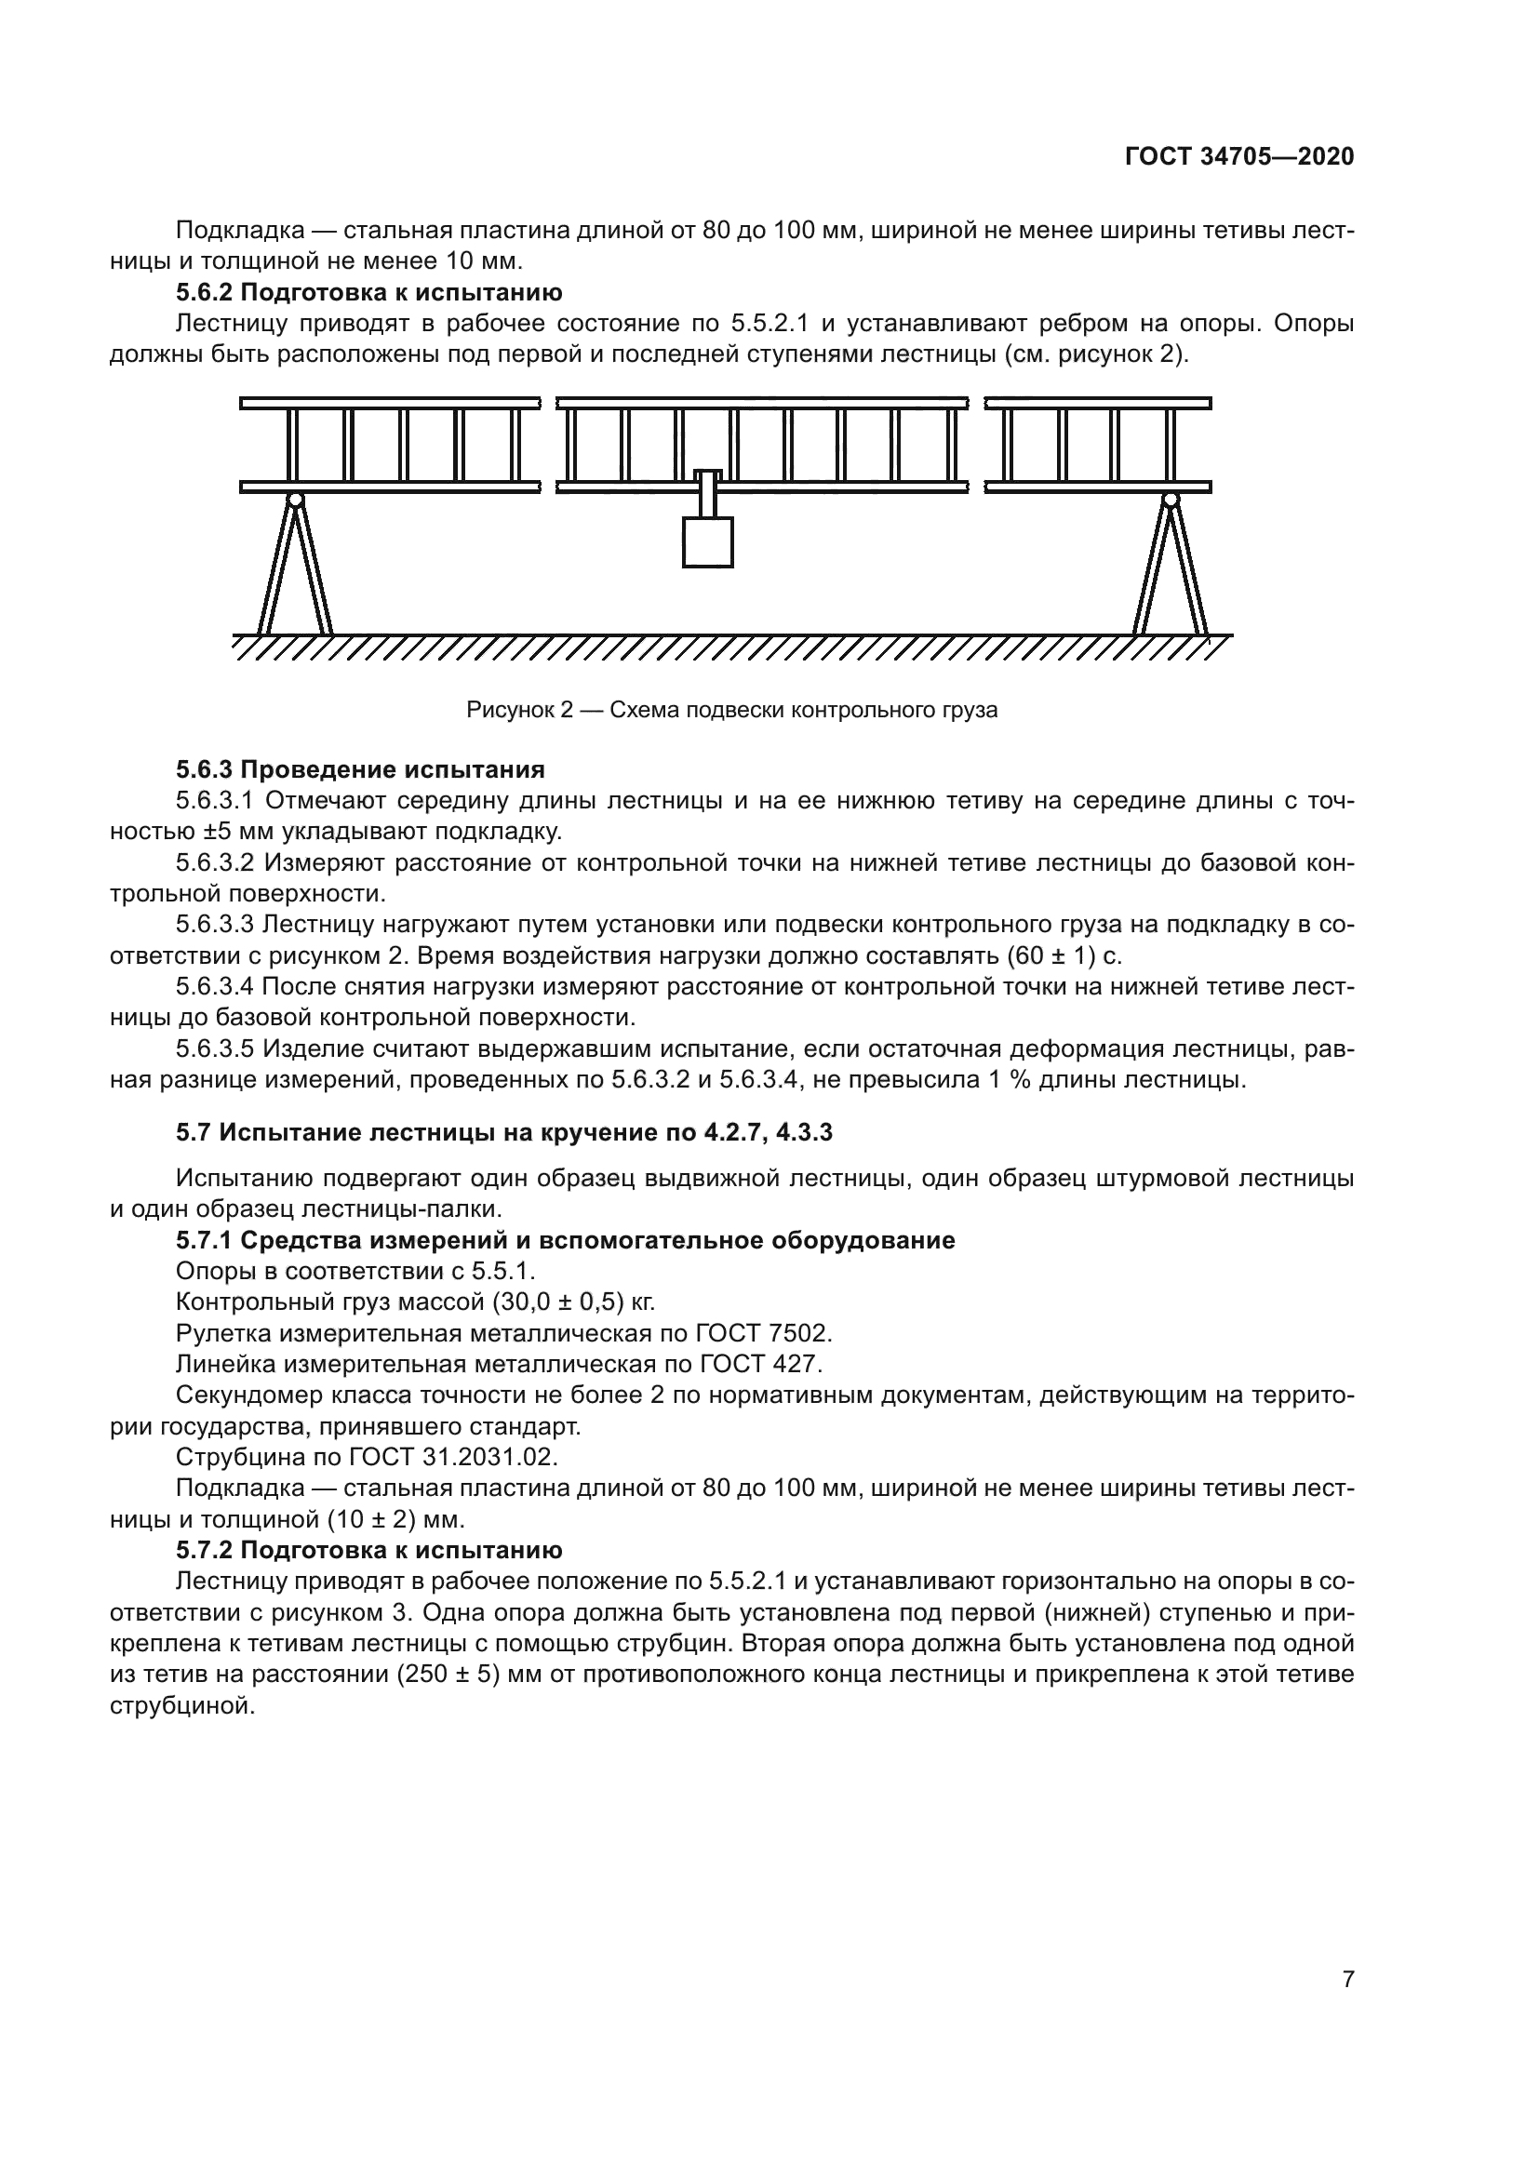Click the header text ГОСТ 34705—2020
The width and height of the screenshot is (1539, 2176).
(x=1239, y=156)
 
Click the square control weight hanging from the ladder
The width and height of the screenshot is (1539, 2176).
(x=707, y=542)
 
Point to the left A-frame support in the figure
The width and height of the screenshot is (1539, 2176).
(x=296, y=568)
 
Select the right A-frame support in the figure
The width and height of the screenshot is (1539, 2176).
(x=1171, y=568)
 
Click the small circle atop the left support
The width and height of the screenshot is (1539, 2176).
(x=296, y=500)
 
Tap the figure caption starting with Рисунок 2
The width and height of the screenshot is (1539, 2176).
(x=731, y=710)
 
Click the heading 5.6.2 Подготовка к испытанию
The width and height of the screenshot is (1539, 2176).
(x=368, y=292)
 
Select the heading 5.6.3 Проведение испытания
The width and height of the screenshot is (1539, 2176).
(x=360, y=768)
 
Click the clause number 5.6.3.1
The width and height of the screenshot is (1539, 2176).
(x=214, y=801)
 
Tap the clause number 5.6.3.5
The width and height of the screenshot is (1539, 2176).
(x=214, y=1049)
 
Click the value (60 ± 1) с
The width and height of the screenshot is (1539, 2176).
(x=1064, y=955)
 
